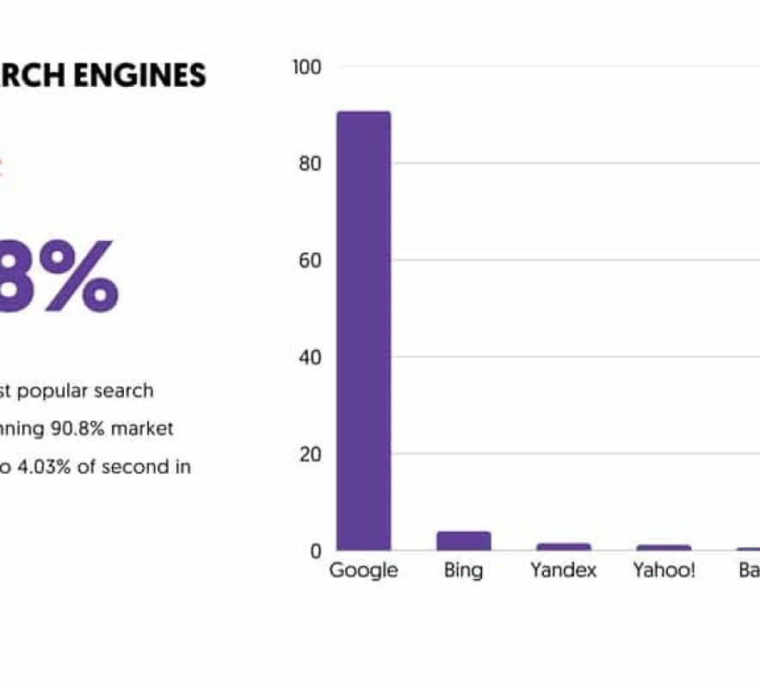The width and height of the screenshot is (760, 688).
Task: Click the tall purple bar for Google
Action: coord(363,331)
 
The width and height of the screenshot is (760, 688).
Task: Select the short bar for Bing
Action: coord(463,541)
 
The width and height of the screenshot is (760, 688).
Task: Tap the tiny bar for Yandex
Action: coord(564,546)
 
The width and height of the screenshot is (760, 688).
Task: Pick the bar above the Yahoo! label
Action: coord(664,547)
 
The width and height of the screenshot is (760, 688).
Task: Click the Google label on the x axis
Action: coord(363,570)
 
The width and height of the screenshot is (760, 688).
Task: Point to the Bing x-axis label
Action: coord(463,570)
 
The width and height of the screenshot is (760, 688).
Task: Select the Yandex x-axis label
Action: coord(564,570)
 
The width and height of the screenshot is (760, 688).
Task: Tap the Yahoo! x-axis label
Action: coord(664,570)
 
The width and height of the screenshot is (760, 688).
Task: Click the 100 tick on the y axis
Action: coord(307,67)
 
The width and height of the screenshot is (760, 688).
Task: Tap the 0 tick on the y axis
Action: coord(315,550)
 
